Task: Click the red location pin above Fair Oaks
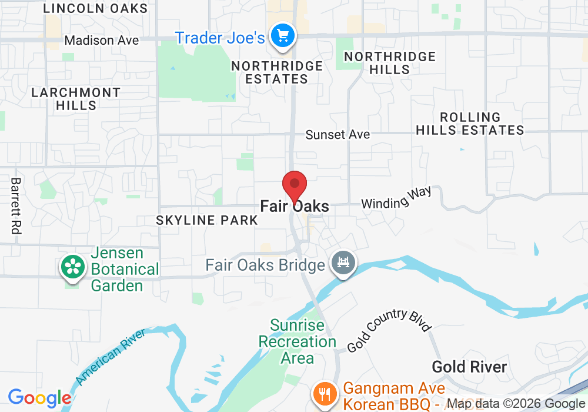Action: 295,185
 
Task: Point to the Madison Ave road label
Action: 102,41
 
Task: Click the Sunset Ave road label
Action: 338,135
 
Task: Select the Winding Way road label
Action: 396,198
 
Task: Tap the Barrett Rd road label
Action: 16,207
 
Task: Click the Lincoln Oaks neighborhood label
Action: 96,8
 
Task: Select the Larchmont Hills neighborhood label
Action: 76,99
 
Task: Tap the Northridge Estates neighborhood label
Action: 277,72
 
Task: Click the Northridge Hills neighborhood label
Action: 390,63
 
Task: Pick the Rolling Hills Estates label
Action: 470,124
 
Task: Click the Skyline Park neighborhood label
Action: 207,220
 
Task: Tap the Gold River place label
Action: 469,367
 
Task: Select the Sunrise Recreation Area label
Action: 298,341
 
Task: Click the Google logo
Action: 39,398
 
